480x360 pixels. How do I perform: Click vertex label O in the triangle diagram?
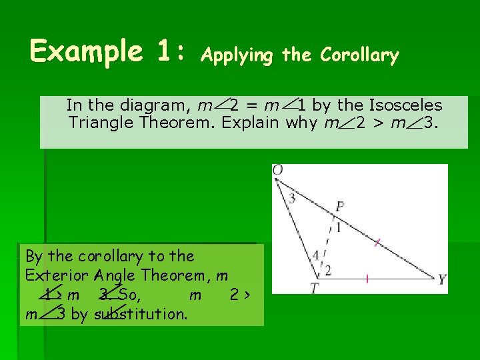coord(278,171)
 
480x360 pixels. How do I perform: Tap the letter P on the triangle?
coord(339,207)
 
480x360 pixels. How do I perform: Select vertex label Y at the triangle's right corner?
coord(442,279)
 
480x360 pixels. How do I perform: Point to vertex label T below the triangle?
coord(315,288)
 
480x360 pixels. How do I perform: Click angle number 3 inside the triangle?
coord(292,198)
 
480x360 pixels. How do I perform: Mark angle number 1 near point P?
coord(338,228)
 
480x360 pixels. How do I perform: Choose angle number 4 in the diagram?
coord(315,255)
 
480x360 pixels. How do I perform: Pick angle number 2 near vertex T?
coord(327,269)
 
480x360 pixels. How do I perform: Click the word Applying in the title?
coord(237,56)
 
